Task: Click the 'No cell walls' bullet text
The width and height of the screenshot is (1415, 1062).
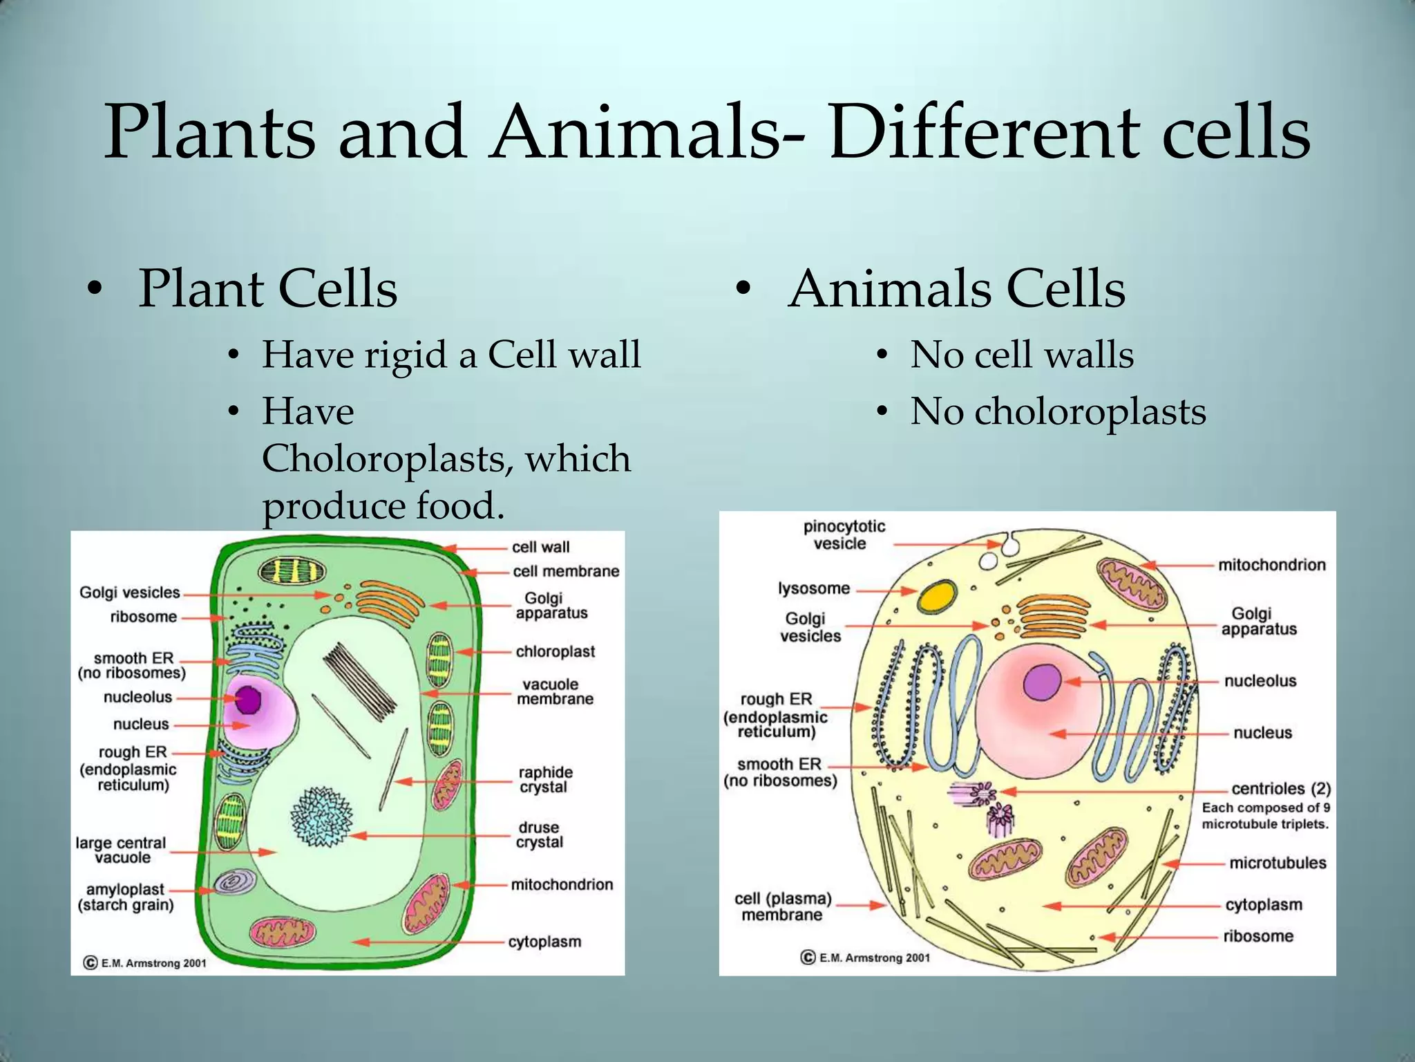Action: tap(1022, 355)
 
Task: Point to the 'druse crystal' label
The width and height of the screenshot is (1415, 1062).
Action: tap(540, 835)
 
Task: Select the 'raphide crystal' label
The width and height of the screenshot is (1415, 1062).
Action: tap(545, 779)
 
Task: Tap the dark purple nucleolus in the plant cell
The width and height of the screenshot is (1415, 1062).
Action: tap(247, 700)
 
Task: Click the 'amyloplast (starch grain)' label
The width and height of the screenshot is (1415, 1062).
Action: tap(125, 897)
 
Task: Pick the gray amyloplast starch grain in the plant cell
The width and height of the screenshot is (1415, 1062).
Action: tap(234, 882)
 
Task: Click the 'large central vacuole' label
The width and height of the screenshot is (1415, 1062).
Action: tap(121, 850)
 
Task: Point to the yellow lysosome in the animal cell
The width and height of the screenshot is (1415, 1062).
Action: tap(937, 596)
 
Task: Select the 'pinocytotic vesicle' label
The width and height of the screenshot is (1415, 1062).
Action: tap(844, 534)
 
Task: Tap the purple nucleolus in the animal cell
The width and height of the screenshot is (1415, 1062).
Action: tap(1042, 682)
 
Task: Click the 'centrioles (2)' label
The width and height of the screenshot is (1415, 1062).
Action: tap(1280, 789)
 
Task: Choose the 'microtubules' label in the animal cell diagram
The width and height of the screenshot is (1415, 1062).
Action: tap(1278, 863)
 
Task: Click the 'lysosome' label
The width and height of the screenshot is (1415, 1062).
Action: tap(814, 588)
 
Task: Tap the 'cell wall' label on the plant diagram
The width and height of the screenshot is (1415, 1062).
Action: tap(540, 547)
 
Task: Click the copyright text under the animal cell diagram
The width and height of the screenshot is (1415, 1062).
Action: tap(866, 958)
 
